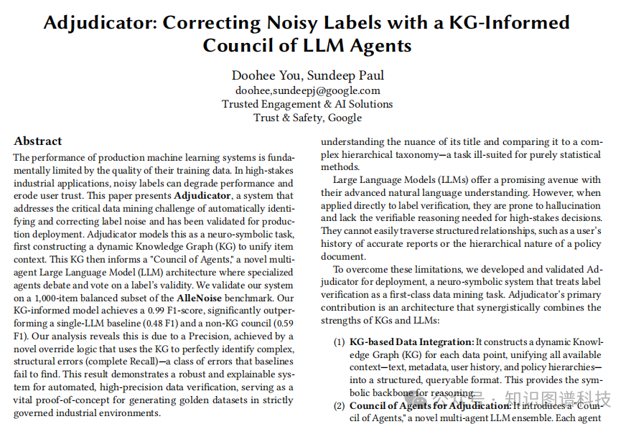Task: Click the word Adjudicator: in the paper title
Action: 100,22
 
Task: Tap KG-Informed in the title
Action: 510,22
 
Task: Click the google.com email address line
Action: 307,90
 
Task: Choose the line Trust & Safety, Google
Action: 307,118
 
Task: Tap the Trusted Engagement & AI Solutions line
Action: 307,104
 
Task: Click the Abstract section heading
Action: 38,141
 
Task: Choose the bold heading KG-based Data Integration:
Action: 412,342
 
